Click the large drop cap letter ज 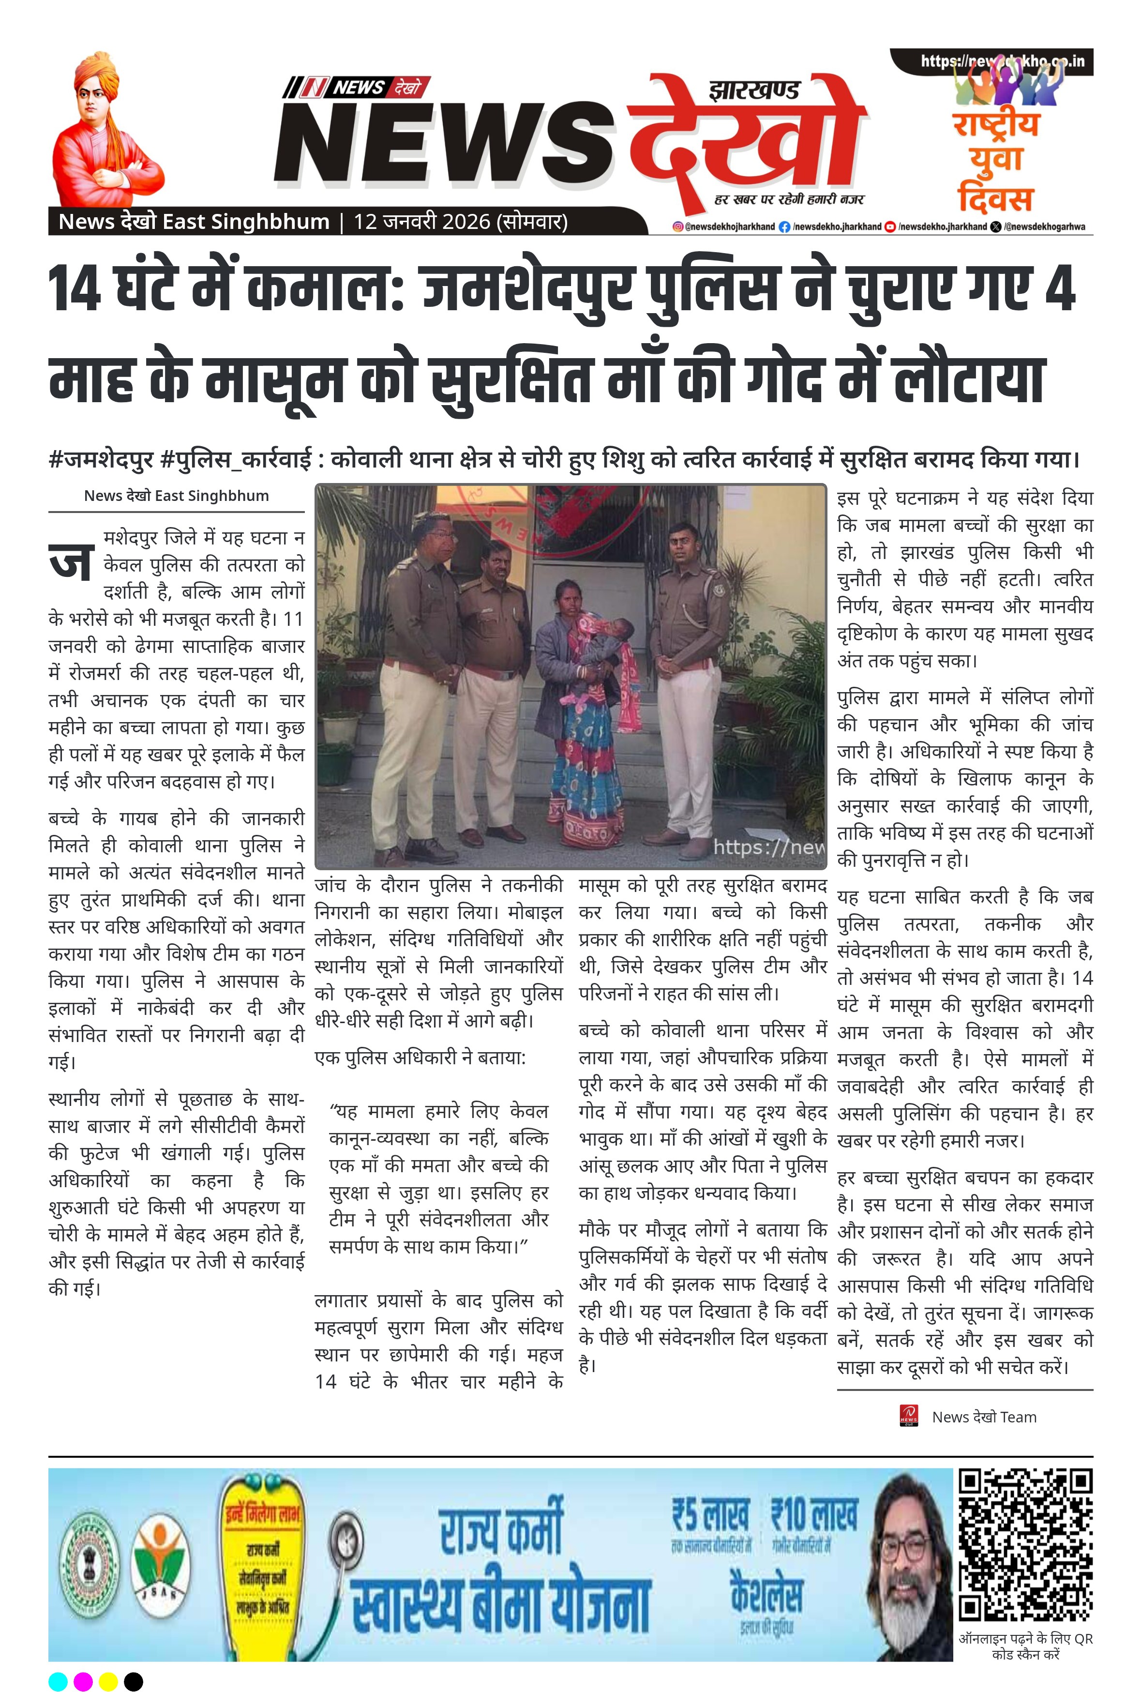point(71,560)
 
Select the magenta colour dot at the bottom point(84,1681)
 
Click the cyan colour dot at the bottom point(58,1681)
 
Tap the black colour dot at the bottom point(133,1681)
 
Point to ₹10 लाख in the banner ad point(814,1515)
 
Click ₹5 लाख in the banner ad point(710,1515)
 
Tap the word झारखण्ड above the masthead point(754,90)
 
